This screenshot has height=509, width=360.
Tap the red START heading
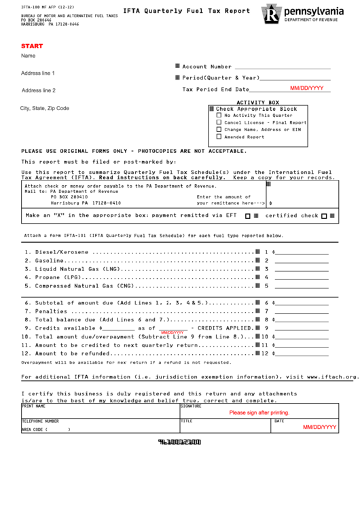pos(31,45)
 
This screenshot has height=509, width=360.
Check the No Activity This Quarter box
pos(219,116)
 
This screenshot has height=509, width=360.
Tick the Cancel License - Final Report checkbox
pos(219,122)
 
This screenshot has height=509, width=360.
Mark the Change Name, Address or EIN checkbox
pos(219,129)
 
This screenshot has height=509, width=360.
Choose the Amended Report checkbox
pos(219,137)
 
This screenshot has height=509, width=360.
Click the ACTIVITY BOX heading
pos(257,102)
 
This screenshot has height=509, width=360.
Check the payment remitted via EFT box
pos(248,216)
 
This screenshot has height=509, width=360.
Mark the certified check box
pos(324,216)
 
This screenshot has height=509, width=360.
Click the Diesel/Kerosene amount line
pos(302,252)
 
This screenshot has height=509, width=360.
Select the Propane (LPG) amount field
pos(302,277)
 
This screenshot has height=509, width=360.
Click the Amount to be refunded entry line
pos(302,353)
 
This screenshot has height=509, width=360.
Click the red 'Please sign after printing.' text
pos(259,413)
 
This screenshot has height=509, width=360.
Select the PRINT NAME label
pos(34,407)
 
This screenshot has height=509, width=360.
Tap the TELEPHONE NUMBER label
pos(45,421)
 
